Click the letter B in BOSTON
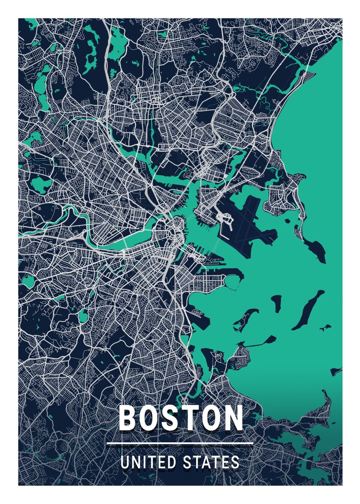pyautogui.click(x=129, y=418)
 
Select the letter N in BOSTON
pyautogui.click(x=231, y=418)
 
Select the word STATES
pyautogui.click(x=212, y=462)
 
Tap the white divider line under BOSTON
pyautogui.click(x=180, y=443)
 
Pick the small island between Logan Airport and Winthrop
pyautogui.click(x=268, y=206)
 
